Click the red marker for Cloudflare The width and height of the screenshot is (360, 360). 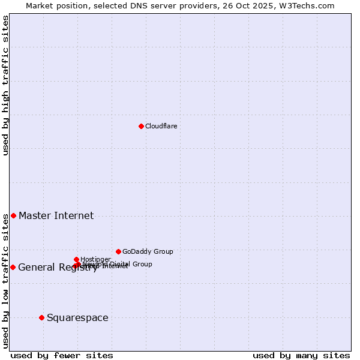141,126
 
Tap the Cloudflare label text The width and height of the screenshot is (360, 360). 161,126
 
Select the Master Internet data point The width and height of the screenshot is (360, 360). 13,215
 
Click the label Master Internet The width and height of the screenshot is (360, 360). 56,216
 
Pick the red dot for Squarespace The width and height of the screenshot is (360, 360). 41,317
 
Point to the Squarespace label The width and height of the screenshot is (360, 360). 77,318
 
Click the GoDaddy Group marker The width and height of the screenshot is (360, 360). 118,251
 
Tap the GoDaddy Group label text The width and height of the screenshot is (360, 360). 148,252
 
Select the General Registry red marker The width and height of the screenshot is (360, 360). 13,267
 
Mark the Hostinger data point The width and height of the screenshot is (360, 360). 76,259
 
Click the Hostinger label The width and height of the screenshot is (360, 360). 95,259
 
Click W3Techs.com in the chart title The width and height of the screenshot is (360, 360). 306,5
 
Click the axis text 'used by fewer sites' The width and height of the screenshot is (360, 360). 62,355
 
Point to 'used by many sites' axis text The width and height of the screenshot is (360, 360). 301,355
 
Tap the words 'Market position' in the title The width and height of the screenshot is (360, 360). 54,5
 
